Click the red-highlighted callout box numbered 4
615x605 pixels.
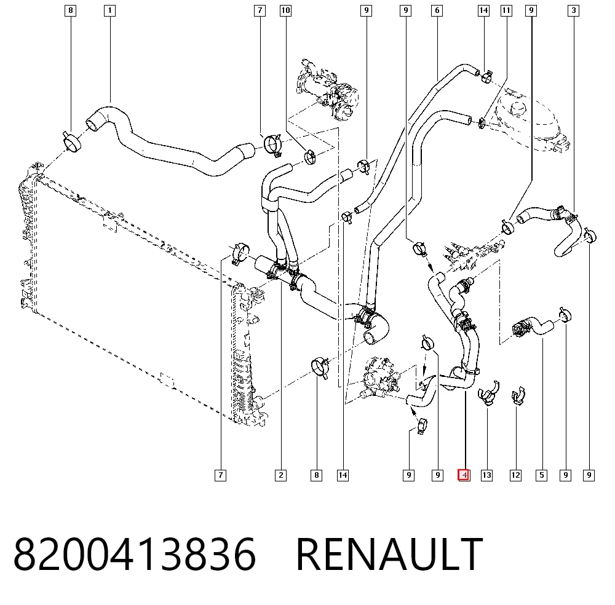click(x=464, y=475)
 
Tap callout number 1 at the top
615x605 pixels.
click(x=110, y=10)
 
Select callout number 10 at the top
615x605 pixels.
click(x=285, y=10)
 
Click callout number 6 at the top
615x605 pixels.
click(x=437, y=10)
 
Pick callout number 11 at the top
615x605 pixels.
click(x=506, y=10)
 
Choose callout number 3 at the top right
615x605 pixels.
click(x=573, y=10)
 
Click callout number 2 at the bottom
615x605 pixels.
click(x=281, y=475)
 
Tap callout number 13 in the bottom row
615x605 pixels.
click(x=486, y=475)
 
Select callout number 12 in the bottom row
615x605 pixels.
click(x=515, y=475)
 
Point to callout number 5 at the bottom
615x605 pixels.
click(x=542, y=475)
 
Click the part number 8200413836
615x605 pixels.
click(x=135, y=554)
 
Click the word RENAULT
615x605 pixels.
click(x=389, y=554)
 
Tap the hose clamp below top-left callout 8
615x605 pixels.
click(x=72, y=142)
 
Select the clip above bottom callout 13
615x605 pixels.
click(x=488, y=393)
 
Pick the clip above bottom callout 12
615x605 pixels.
click(x=518, y=396)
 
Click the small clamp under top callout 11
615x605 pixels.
click(x=482, y=124)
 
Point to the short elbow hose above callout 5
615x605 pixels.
click(x=533, y=326)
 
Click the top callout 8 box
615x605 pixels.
click(x=70, y=10)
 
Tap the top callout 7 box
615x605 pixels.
click(x=260, y=10)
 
